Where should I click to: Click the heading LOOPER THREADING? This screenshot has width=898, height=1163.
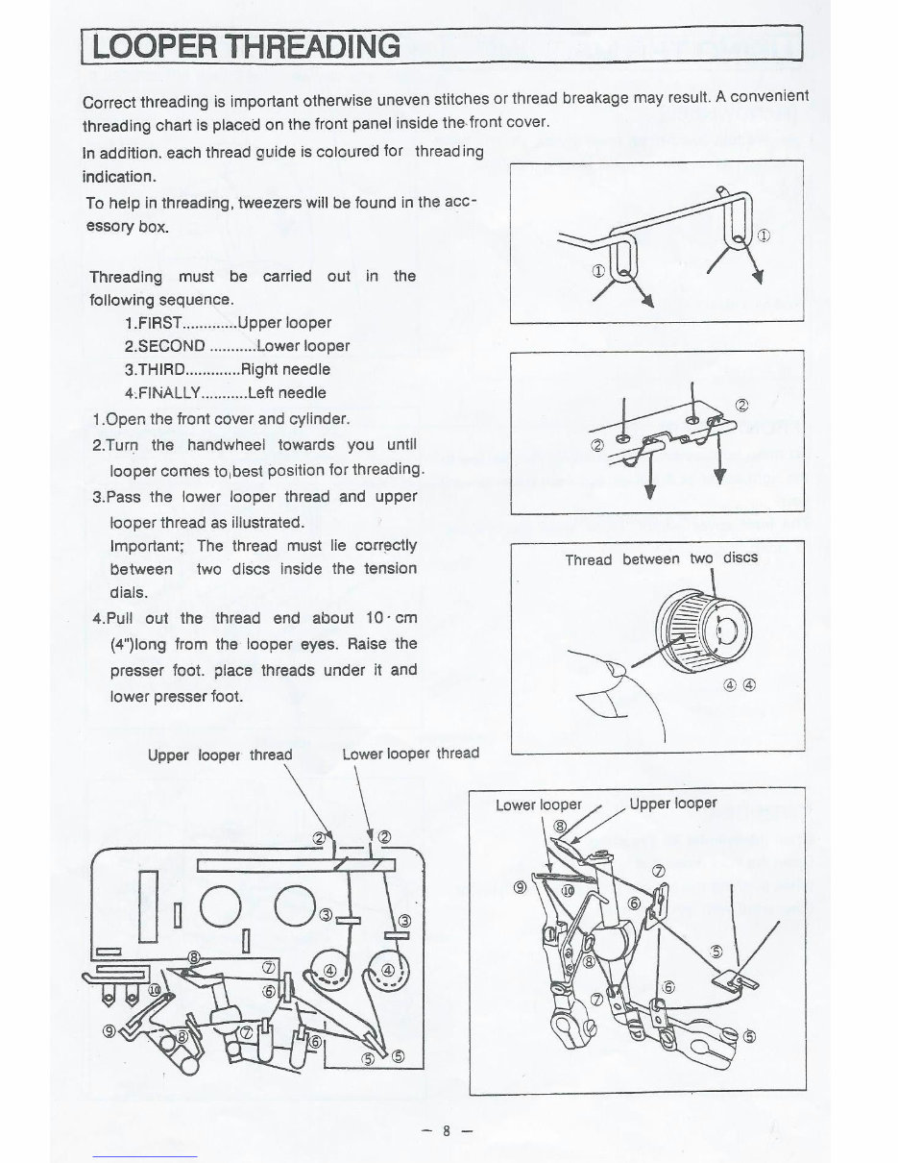(241, 45)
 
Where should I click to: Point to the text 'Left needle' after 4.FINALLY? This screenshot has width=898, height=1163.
(286, 392)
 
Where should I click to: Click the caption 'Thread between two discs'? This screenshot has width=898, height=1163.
(661, 558)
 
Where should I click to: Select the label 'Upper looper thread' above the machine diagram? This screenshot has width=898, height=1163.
(220, 755)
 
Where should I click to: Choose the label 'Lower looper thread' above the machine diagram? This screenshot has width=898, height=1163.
(410, 754)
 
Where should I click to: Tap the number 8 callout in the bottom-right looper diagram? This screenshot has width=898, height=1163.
(561, 828)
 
